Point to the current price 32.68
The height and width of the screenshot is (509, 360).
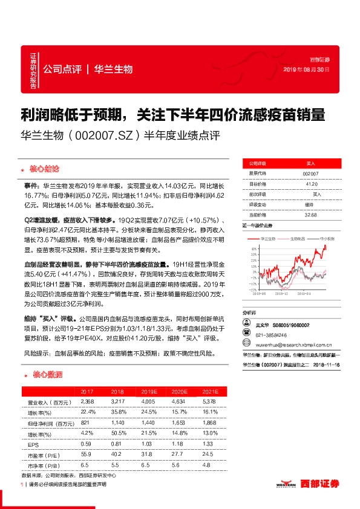[x=310, y=213]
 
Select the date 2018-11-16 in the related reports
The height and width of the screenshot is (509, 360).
[x=324, y=365]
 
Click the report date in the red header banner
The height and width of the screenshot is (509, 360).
[x=307, y=70]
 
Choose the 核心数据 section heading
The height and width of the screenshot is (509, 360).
[x=43, y=376]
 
